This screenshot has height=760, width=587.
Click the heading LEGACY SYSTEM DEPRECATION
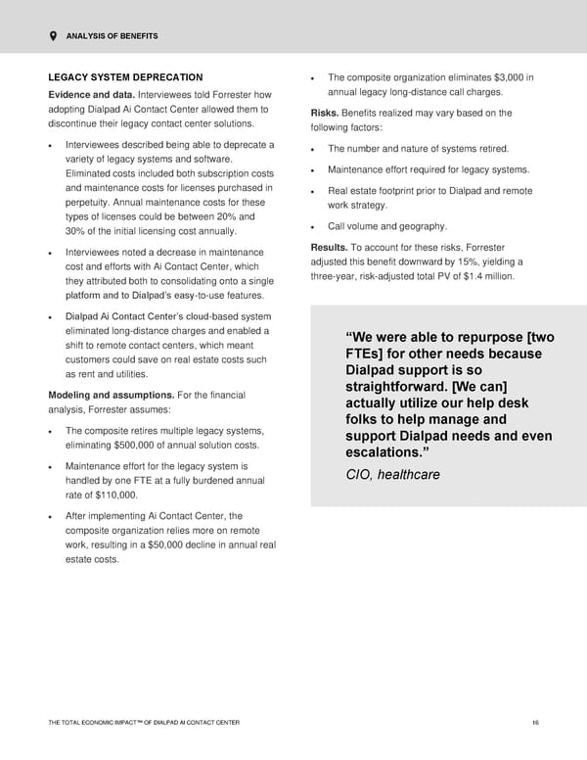pyautogui.click(x=125, y=76)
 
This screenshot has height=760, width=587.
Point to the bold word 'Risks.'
pyautogui.click(x=324, y=113)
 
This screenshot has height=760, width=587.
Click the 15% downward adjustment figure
pyautogui.click(x=473, y=261)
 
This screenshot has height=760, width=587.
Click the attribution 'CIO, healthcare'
pyautogui.click(x=392, y=475)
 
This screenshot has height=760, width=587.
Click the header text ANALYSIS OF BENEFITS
pyautogui.click(x=113, y=36)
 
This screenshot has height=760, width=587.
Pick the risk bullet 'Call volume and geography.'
pyautogui.click(x=387, y=226)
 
